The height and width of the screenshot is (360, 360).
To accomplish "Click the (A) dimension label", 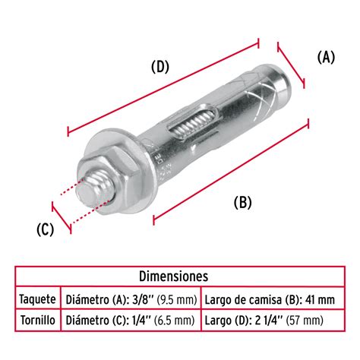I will tap(324, 58).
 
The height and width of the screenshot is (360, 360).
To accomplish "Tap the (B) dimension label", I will tap(242, 202).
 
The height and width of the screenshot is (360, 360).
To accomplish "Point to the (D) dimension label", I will tap(159, 67).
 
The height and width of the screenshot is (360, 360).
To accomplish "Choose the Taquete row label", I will tap(37, 298).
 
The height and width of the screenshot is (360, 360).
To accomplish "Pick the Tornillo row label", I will tap(37, 321).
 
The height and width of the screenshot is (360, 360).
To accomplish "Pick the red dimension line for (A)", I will tap(292, 65).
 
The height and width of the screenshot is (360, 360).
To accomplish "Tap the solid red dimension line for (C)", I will tap(61, 216).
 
